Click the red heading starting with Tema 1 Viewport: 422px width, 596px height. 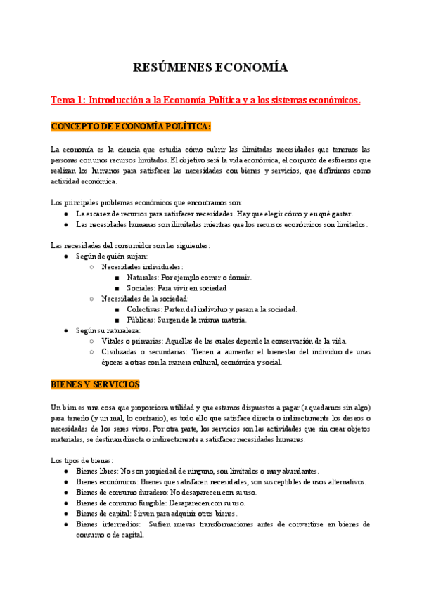coord(205,101)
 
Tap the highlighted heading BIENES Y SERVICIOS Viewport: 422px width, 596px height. coord(95,384)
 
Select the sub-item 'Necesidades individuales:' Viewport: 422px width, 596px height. coord(142,267)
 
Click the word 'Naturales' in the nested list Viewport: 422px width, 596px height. coord(143,278)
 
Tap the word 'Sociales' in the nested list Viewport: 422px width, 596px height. coord(141,288)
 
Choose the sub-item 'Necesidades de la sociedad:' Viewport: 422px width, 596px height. coord(145,299)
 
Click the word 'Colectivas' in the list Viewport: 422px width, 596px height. coord(144,309)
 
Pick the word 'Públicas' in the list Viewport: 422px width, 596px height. coord(141,320)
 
